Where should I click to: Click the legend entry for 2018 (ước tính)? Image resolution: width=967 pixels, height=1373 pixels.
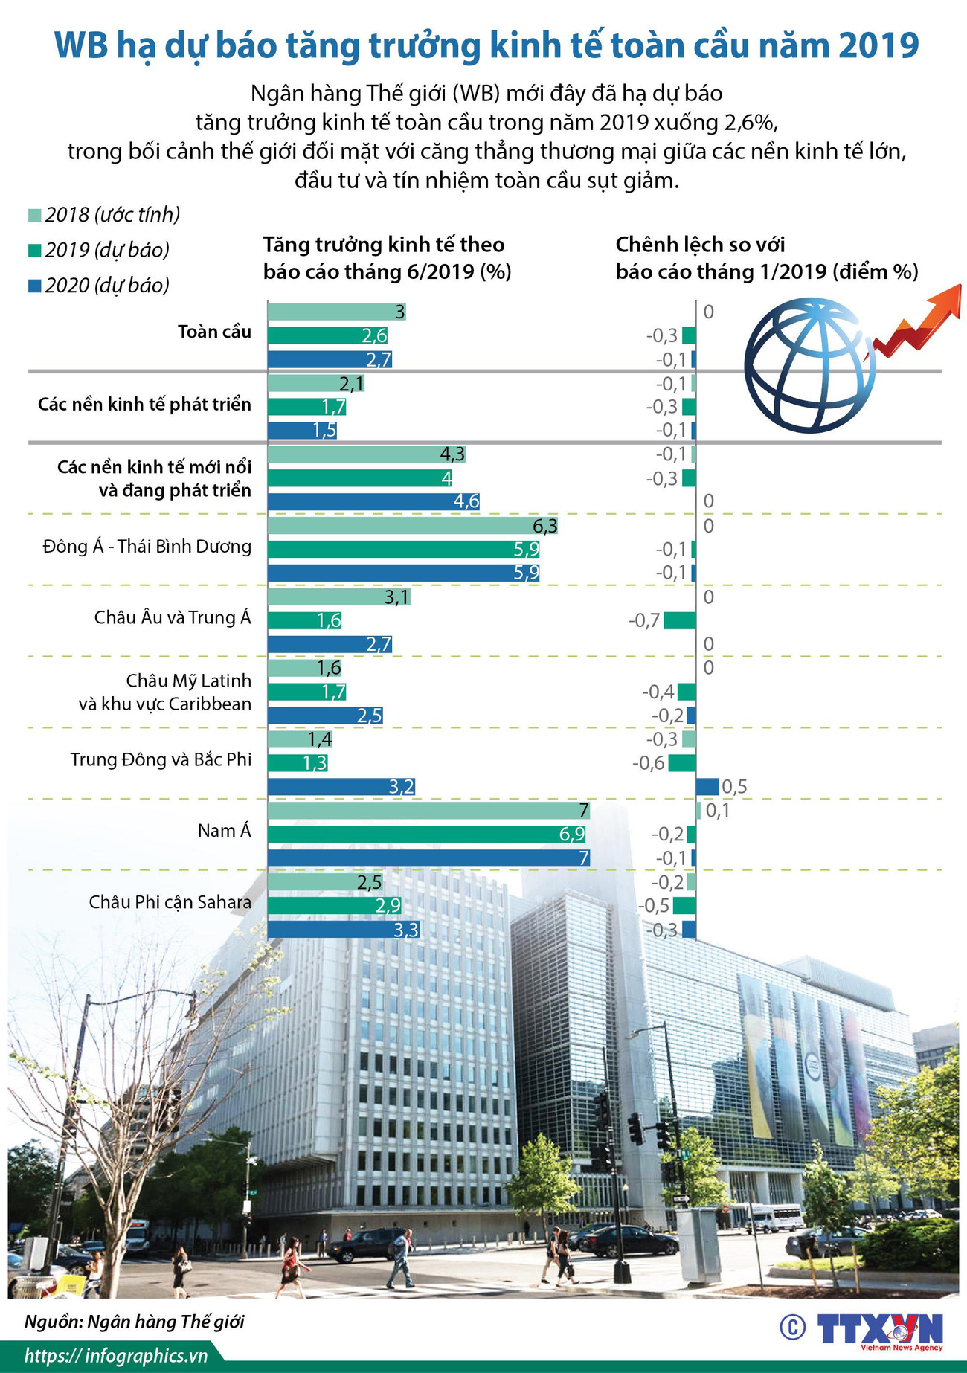point(104,216)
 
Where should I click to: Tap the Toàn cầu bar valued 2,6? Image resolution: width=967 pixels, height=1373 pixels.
point(327,335)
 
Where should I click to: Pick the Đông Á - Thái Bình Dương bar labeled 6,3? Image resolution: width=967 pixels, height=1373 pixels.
point(413,527)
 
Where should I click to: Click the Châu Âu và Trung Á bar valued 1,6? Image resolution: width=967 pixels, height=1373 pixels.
point(304,621)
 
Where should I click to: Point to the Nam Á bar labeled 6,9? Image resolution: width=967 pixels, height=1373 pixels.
point(428,835)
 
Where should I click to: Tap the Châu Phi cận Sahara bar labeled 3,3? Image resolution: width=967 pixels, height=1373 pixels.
point(344,930)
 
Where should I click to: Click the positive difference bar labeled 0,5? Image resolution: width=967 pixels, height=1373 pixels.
point(707,787)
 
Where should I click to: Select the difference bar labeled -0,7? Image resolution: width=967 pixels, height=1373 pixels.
point(680,621)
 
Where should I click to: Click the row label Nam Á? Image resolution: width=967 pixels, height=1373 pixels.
point(224,831)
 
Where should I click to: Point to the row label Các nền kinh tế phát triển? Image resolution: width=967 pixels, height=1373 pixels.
point(144,405)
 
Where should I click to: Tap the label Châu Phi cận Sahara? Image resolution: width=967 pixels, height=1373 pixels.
point(170,902)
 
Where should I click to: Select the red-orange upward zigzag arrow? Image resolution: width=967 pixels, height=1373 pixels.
point(919,320)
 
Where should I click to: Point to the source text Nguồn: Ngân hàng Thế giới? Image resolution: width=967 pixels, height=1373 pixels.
point(134,1321)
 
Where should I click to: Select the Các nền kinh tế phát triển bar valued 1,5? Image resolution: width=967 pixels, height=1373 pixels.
point(302,431)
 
